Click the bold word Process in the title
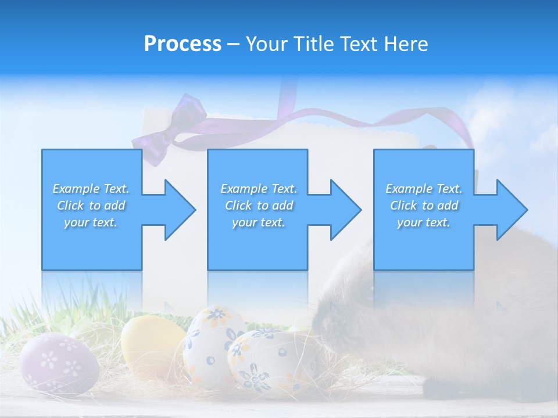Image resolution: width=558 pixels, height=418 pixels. click(183, 44)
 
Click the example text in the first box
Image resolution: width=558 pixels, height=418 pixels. click(91, 206)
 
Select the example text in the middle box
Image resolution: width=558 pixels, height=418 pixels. click(259, 206)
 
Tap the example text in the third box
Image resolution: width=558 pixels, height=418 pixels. click(424, 206)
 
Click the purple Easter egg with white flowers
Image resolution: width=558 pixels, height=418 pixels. click(58, 363)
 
